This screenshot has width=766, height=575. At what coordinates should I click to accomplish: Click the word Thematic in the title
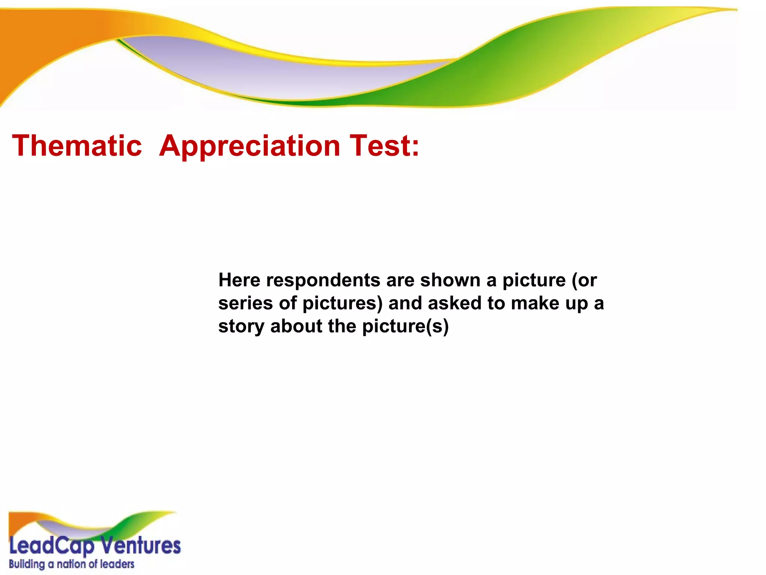pos(77,146)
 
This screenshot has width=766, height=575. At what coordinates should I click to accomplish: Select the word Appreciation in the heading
pos(249,146)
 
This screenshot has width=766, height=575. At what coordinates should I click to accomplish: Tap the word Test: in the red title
pos(384,146)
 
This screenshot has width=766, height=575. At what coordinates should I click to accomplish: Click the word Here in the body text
pos(239,280)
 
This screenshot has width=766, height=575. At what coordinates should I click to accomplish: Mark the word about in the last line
pos(296,326)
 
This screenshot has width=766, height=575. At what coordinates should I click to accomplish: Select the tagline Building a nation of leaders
pos(71,564)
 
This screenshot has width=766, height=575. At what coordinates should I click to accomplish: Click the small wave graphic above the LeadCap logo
pos(92,524)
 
